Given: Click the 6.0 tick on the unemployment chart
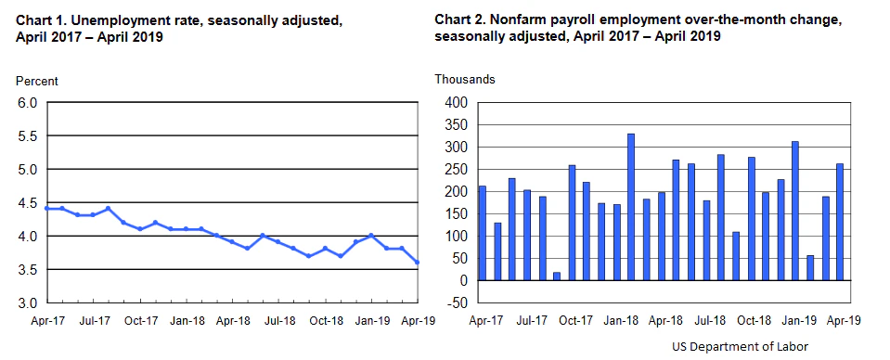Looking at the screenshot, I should coord(27,103).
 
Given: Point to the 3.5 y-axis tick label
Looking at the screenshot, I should coord(27,270).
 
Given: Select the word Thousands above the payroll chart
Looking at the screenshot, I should coord(465,80).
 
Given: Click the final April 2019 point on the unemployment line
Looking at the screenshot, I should coord(417,263).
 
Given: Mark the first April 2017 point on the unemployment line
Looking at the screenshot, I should coord(46,209).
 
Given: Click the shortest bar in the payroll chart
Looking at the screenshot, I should coord(557,276).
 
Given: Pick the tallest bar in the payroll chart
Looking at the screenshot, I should coord(631,207).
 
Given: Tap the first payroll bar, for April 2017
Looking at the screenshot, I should coord(483,233).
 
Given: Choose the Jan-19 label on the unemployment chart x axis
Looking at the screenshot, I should coord(372,321).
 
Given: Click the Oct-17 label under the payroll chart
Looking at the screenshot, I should coord(574,321).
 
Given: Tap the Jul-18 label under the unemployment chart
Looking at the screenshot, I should coord(279,321).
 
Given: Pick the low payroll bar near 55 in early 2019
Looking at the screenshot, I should coord(810,268).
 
